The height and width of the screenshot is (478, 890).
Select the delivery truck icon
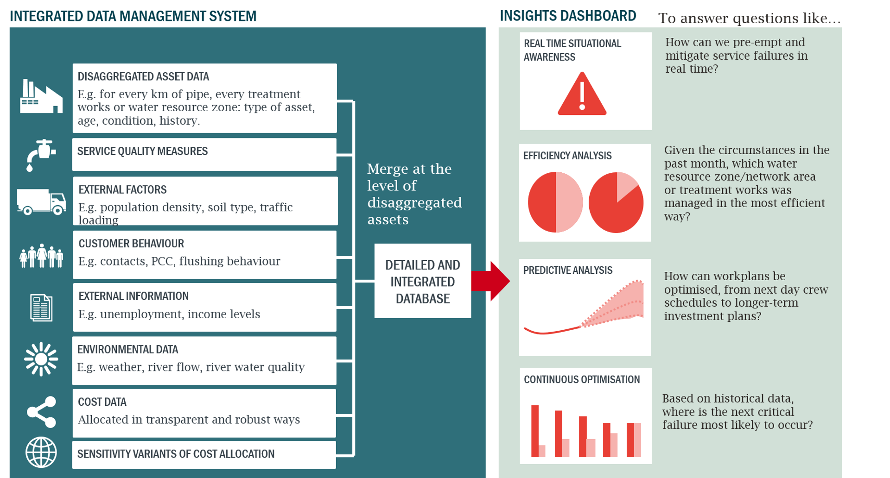(41, 201)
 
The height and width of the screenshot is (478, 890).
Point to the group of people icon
(41, 256)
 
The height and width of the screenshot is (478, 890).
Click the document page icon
(41, 308)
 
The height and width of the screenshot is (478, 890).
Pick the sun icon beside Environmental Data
(41, 359)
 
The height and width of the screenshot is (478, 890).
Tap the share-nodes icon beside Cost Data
(42, 412)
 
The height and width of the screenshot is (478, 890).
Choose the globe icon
(41, 453)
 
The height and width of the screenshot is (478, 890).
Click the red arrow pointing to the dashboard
(490, 281)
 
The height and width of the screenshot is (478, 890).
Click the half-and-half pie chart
(555, 202)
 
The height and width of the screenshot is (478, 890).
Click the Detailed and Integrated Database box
(423, 281)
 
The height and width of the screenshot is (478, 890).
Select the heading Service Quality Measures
(142, 151)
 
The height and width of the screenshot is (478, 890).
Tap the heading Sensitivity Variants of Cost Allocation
(176, 454)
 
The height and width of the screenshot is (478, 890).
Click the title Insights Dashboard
(568, 16)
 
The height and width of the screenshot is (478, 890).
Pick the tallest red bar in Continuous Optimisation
(535, 431)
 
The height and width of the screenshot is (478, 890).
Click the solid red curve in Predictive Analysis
(552, 330)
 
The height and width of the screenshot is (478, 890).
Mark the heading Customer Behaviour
(131, 244)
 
